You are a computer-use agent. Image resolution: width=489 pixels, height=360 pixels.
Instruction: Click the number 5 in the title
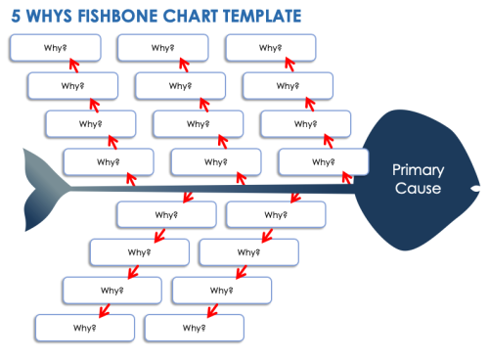coord(15,17)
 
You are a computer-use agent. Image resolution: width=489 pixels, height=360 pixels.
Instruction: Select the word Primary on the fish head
coord(418,169)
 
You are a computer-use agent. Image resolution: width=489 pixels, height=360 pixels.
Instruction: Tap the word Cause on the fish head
coord(418,188)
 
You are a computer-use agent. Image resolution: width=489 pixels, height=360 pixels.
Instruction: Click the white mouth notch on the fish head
coord(475,186)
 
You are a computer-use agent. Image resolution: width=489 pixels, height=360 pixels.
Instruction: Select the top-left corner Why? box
coord(54,47)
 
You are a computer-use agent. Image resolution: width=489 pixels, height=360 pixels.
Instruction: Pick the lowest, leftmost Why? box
coord(82,328)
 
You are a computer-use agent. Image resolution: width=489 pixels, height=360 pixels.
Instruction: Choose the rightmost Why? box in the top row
coord(269,47)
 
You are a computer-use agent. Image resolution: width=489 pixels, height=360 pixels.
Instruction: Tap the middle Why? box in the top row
coord(161,47)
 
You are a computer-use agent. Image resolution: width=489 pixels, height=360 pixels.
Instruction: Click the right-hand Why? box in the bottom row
coord(193,328)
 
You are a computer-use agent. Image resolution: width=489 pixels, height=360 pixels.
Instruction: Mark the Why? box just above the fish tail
coord(108,161)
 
